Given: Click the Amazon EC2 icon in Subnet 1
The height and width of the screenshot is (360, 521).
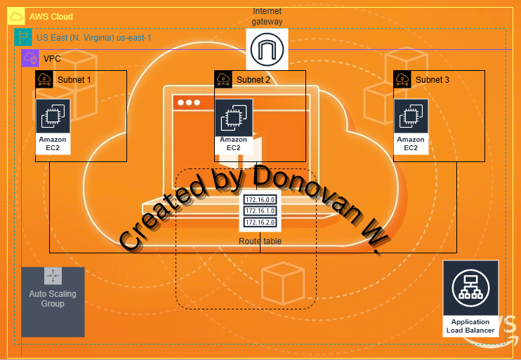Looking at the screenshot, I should coord(53,116).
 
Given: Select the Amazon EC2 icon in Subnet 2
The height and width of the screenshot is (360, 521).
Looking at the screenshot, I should coord(232,116).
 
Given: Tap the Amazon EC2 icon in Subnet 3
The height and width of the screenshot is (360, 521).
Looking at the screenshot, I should coord(411,116).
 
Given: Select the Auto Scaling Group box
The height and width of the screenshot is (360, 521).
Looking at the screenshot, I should coord(53,301).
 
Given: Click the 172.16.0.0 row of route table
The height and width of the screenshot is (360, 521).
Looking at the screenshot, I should coord(260,200).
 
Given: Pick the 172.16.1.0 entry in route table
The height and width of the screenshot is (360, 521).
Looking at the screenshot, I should coord(260,211).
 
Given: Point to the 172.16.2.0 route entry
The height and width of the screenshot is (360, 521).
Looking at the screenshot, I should coord(260,222).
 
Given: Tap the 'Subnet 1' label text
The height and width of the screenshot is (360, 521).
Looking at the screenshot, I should coord(74,80).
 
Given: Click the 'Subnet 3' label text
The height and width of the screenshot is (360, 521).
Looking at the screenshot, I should coord(433,80).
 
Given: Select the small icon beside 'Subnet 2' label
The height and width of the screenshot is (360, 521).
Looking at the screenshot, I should coord(223,79).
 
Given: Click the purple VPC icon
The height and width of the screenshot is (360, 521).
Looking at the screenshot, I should coord(29,58).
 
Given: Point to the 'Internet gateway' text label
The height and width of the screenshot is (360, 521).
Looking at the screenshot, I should coord(267,16).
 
